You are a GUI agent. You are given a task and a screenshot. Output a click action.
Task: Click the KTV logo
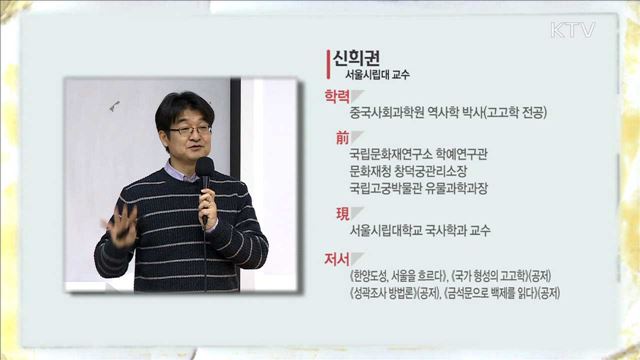pos(572,29)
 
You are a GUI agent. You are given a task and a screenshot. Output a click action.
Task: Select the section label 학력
pos(336,98)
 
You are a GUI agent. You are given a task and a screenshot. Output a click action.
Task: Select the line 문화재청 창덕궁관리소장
pos(411,171)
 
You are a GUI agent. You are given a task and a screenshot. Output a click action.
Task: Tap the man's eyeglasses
pos(189,130)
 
